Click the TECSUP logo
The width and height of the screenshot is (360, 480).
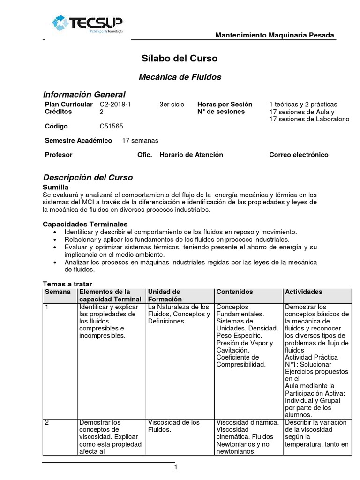click(x=88, y=24)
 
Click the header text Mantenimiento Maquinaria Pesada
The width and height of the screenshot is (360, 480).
click(x=275, y=35)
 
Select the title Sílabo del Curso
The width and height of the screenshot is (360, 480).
click(x=180, y=59)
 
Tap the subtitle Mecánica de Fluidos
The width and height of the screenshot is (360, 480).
click(x=180, y=77)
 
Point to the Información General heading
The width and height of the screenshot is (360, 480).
click(x=84, y=94)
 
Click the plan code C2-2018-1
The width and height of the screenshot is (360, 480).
click(x=115, y=104)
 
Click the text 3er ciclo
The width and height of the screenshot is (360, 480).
click(x=172, y=104)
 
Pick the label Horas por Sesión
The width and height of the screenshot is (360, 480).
click(x=225, y=104)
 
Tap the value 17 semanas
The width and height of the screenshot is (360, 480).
click(x=140, y=140)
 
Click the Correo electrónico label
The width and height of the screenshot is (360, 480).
click(x=299, y=155)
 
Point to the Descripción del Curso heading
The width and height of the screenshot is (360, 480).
click(x=88, y=178)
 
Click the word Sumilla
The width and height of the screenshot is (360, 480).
click(x=56, y=187)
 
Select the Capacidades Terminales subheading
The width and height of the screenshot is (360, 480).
click(x=85, y=224)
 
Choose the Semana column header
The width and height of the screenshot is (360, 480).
click(x=58, y=292)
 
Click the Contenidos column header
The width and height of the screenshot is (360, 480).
click(x=234, y=292)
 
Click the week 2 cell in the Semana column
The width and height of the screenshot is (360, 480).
click(x=47, y=422)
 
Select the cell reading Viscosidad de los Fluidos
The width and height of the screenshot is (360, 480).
click(x=174, y=426)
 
